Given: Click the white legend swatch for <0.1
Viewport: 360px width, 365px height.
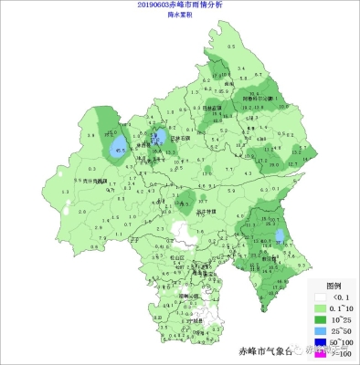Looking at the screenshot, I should click(319, 297).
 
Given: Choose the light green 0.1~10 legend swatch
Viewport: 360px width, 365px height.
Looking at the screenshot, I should click(319, 308).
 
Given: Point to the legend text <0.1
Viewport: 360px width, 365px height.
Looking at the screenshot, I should click(339, 297).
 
